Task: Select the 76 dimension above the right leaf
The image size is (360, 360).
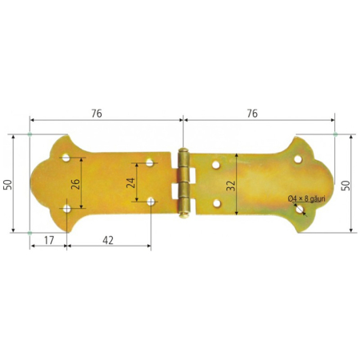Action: (252, 114)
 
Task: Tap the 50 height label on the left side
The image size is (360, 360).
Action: (7, 183)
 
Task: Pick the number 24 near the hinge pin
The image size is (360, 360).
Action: (131, 182)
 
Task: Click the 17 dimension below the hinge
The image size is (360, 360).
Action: (48, 238)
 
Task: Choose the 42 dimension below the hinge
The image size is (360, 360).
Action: (108, 238)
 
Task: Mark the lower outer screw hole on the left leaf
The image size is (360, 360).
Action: (67, 209)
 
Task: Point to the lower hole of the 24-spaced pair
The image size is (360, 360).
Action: (150, 201)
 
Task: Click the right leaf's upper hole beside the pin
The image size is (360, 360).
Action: (215, 166)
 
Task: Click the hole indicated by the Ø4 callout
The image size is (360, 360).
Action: (298, 209)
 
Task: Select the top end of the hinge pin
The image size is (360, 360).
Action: (184, 150)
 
